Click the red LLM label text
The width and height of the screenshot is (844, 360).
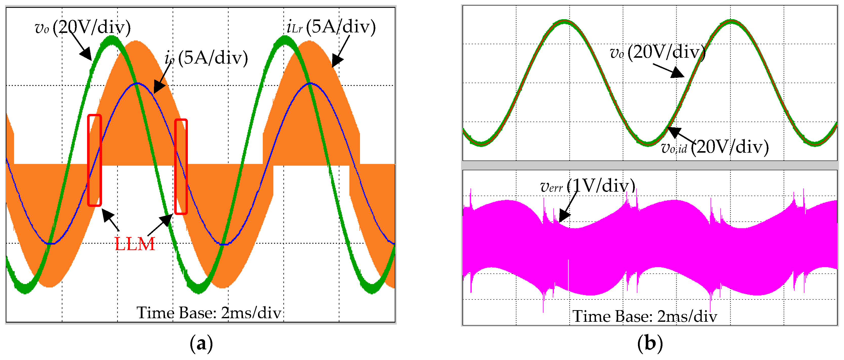135,244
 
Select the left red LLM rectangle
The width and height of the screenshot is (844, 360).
94,160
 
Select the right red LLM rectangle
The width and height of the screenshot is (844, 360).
181,166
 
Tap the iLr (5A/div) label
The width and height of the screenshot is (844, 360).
331,27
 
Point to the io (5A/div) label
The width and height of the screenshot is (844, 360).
206,58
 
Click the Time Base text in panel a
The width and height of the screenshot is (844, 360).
209,313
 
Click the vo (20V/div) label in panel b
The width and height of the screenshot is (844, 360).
657,52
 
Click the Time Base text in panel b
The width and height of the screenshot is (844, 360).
645,316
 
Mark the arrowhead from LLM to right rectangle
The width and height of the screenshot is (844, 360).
167,219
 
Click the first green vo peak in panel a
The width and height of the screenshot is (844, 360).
112,41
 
